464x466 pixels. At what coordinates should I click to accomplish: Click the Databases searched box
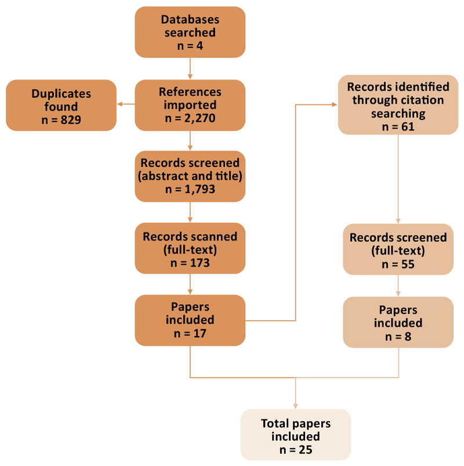[190, 32]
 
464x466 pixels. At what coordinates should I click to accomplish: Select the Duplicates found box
[61, 105]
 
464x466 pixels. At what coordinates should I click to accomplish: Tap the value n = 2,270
[190, 118]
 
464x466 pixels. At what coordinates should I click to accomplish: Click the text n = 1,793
[190, 190]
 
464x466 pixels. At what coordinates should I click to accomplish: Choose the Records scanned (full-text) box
[190, 249]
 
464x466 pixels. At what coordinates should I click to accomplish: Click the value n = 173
[190, 262]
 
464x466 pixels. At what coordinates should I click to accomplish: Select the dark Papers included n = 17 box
[190, 320]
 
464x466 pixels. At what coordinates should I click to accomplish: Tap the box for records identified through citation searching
[397, 105]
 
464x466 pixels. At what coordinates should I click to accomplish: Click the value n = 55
[397, 264]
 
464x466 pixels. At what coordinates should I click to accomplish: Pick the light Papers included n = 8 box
[397, 322]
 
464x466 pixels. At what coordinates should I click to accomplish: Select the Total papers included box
[295, 434]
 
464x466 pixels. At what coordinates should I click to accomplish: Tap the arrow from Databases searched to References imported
[190, 68]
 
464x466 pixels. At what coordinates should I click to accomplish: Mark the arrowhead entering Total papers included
[295, 405]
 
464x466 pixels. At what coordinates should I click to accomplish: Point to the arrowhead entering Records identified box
[334, 105]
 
